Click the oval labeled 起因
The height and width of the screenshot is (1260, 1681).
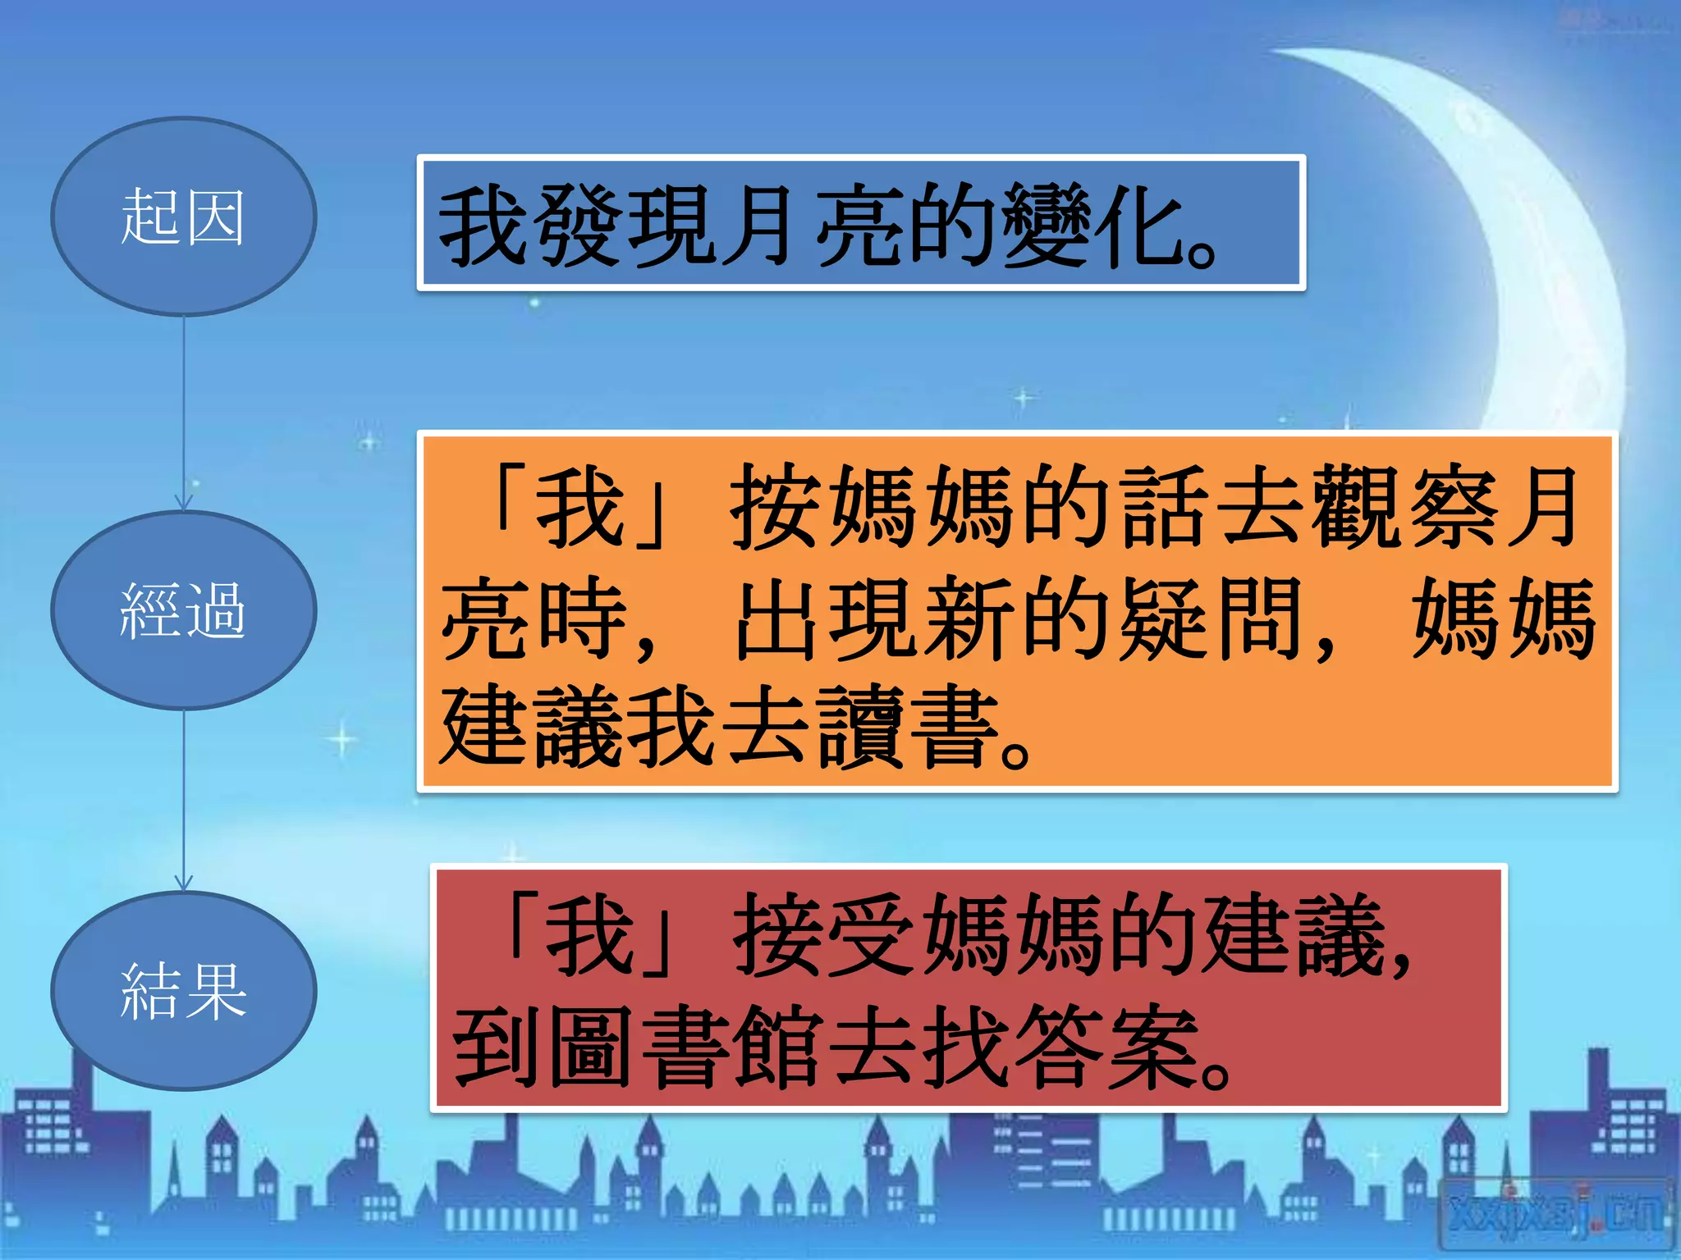pos(183,217)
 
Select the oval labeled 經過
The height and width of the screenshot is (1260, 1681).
pos(183,610)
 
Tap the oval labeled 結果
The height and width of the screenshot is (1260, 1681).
pos(183,991)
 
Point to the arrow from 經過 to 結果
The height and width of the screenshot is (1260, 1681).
pos(184,800)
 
